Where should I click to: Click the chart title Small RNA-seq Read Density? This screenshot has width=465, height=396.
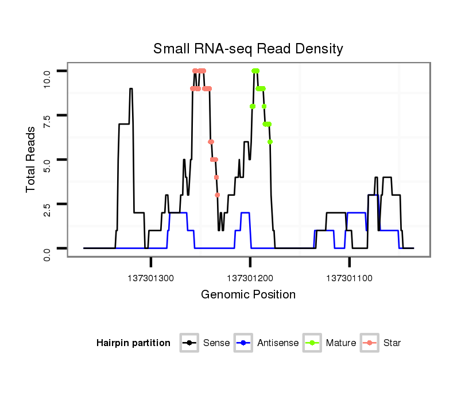click(x=248, y=49)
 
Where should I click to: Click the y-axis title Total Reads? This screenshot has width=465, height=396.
click(x=32, y=159)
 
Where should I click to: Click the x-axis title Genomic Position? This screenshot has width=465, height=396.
click(x=248, y=295)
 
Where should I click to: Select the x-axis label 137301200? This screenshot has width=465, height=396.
click(x=250, y=278)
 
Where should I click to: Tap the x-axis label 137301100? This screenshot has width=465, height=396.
click(x=350, y=278)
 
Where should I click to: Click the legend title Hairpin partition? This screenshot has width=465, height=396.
click(x=133, y=343)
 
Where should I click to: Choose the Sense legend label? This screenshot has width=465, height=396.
click(x=216, y=343)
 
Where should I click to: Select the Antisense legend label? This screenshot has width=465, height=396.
click(x=278, y=343)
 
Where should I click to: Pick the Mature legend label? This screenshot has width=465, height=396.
click(x=341, y=343)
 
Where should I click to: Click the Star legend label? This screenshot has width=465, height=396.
click(x=392, y=343)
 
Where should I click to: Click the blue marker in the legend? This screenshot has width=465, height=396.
click(x=244, y=343)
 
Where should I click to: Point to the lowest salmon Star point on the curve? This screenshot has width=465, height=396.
click(x=218, y=195)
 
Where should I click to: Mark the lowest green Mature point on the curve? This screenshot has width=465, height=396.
click(x=270, y=142)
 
